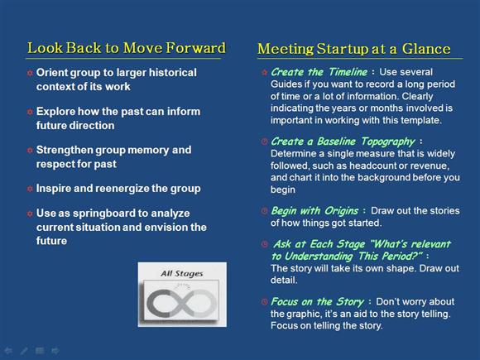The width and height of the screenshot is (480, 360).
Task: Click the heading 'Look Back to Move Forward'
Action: point(127,48)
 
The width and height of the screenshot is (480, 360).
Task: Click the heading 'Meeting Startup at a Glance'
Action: point(354,49)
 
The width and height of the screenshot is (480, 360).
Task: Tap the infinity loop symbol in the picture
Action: point(182,303)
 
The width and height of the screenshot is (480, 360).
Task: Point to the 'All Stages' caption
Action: point(182,273)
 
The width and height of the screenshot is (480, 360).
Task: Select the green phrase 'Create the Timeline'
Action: point(319,72)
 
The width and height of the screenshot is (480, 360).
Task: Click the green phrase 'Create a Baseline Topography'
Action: point(343,142)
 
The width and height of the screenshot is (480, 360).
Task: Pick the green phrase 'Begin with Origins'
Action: point(314,211)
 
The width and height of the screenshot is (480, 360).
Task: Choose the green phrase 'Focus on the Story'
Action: point(317,302)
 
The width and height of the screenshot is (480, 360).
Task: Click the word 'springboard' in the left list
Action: point(105,214)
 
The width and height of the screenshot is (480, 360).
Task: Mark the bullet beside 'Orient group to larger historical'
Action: point(30,73)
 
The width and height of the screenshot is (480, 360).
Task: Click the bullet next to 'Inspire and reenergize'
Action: point(30,189)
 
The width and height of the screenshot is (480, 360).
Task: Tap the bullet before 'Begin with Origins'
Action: point(264,211)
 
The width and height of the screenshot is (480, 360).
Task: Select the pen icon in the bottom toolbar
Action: point(24,351)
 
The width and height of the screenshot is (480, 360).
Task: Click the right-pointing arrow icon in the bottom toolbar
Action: point(55,351)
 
